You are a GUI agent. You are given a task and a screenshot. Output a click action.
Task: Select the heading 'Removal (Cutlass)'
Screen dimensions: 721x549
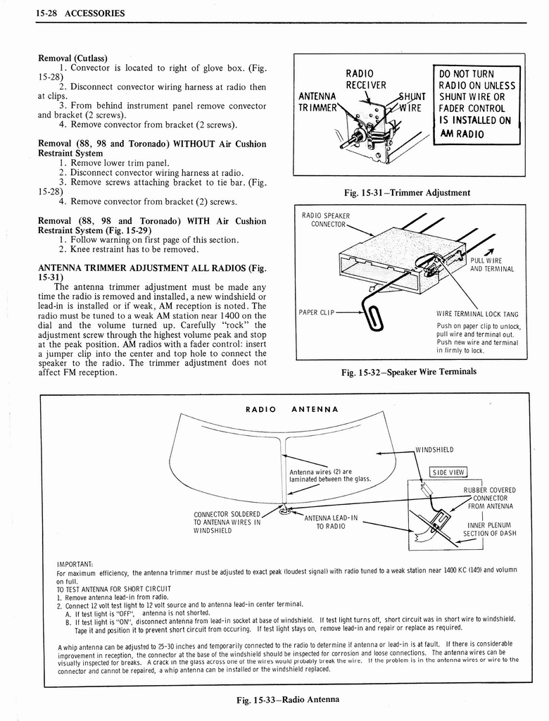[x=73, y=58]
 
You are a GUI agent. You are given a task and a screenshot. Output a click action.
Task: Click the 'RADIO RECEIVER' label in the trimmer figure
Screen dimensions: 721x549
[x=365, y=80]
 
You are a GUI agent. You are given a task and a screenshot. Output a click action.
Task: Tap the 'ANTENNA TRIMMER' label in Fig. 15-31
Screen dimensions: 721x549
[x=317, y=102]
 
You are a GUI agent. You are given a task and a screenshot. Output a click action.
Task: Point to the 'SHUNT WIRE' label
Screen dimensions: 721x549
[x=409, y=102]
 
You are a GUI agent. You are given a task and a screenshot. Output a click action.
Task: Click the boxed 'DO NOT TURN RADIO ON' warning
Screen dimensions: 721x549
[x=477, y=103]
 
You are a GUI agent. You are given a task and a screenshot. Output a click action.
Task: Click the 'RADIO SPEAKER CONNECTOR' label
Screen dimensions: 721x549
[x=325, y=220]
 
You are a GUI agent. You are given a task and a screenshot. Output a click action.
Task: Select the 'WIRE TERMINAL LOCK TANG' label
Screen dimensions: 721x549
[x=477, y=315]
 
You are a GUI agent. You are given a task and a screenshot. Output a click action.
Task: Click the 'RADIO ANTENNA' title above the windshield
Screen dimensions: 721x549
[x=291, y=409]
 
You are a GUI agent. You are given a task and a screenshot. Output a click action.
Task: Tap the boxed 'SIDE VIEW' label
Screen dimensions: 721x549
[x=448, y=472]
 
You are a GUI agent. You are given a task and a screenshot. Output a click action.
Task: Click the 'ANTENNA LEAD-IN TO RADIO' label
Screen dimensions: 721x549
[x=331, y=522]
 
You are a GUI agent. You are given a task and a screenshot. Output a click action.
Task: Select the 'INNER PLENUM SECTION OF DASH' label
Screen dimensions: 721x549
[x=491, y=529]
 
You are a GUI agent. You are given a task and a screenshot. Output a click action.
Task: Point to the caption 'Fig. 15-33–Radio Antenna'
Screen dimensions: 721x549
[x=286, y=699]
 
